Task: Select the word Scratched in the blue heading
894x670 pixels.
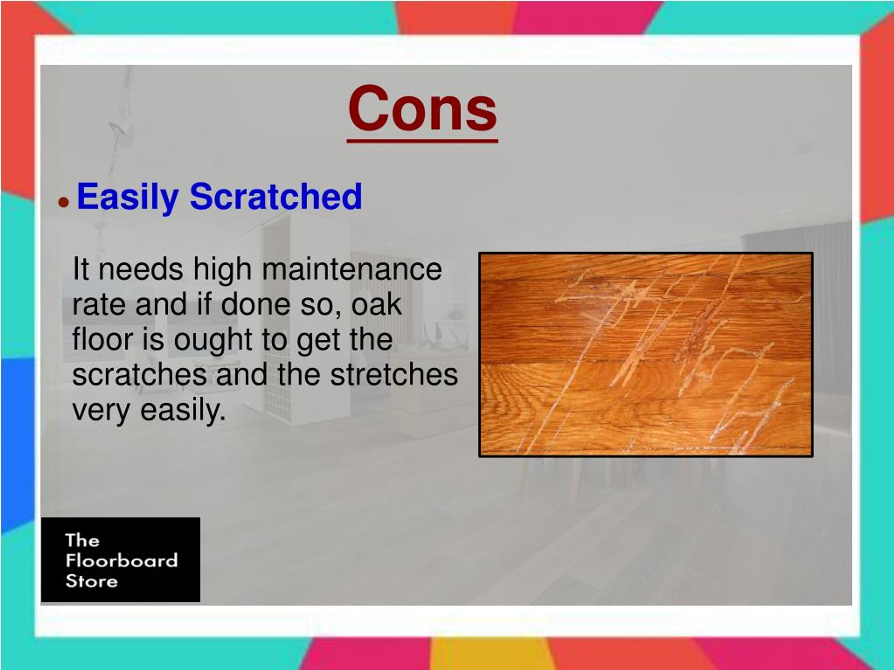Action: pyautogui.click(x=276, y=197)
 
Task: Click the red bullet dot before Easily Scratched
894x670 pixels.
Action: pyautogui.click(x=64, y=202)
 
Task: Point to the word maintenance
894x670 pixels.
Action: pyautogui.click(x=352, y=269)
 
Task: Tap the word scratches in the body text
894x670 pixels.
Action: pyautogui.click(x=139, y=375)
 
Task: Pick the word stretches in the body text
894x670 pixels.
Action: pyautogui.click(x=394, y=375)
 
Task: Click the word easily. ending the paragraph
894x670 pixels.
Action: pyautogui.click(x=183, y=411)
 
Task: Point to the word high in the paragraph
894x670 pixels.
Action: pyautogui.click(x=222, y=270)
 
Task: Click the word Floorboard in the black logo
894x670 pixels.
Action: pyautogui.click(x=122, y=561)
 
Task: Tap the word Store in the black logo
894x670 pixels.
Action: pyautogui.click(x=92, y=581)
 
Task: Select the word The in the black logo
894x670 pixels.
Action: pyautogui.click(x=82, y=540)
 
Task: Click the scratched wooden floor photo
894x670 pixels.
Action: pyautogui.click(x=645, y=355)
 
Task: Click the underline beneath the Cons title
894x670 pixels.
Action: pyautogui.click(x=422, y=141)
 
